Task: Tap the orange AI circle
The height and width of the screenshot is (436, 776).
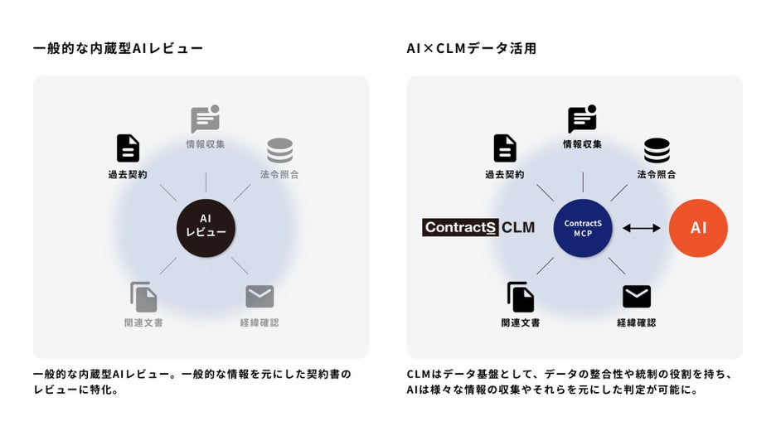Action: [698, 227]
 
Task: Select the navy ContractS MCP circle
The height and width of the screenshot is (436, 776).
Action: [583, 227]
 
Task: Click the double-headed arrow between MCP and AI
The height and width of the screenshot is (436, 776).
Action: [641, 227]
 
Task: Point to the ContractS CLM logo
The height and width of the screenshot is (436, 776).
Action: [478, 227]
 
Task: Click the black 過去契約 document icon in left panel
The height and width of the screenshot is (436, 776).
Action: [128, 148]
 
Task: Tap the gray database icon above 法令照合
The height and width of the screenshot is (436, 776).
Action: [279, 150]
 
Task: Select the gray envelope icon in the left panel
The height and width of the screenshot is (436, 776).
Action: [259, 296]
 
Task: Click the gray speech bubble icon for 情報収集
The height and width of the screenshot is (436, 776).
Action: [205, 119]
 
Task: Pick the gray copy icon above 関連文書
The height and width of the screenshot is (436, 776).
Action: [143, 297]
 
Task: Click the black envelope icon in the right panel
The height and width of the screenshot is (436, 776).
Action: [637, 296]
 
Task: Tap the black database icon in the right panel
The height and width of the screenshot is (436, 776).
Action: [657, 150]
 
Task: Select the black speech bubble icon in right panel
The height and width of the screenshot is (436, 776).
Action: [582, 119]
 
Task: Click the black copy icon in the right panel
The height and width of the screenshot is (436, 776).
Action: [521, 297]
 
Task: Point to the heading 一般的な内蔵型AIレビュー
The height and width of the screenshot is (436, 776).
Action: [118, 49]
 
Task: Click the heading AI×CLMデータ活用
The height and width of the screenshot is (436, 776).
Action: [471, 49]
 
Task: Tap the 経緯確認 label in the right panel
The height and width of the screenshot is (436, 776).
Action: [637, 322]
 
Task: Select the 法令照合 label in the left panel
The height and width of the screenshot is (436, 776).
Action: [279, 175]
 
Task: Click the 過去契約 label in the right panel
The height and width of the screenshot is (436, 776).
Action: [505, 175]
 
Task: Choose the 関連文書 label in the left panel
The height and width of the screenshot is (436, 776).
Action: [143, 322]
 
